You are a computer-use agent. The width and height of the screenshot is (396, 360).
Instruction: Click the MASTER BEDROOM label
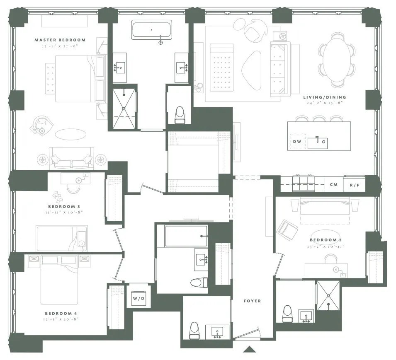(x=60, y=40)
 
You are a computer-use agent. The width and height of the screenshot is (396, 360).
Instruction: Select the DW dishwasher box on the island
(x=297, y=142)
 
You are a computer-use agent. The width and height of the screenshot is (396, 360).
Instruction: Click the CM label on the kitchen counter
(x=333, y=185)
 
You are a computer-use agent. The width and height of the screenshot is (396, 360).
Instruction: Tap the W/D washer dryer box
(x=138, y=297)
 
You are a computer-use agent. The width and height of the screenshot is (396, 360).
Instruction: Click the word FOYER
(x=253, y=301)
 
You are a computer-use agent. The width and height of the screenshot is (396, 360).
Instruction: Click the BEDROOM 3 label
(x=64, y=206)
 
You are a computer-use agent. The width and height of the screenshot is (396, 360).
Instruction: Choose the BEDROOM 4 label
(x=61, y=314)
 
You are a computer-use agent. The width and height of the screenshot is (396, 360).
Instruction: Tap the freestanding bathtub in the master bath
(x=152, y=30)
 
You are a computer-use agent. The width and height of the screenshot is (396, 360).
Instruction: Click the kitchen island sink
(x=317, y=143)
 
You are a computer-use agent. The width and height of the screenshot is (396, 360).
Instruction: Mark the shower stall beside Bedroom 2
(x=328, y=295)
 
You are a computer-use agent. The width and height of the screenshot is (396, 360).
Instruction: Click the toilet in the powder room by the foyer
(x=194, y=331)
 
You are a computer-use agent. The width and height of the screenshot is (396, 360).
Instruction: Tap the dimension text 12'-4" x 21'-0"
(x=60, y=46)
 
